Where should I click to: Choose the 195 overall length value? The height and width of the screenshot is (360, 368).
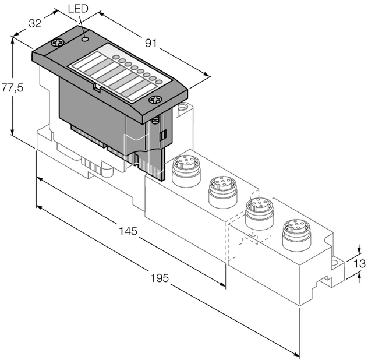point(157,278)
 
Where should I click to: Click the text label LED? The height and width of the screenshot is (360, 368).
point(79,9)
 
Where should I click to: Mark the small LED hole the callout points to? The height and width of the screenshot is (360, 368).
point(85,39)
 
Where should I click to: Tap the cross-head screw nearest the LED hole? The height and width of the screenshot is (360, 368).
point(59,44)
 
